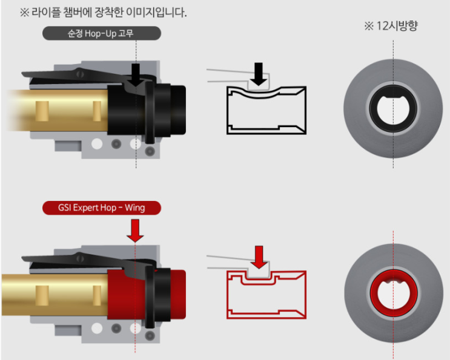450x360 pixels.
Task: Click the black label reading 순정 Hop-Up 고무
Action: pos(101,33)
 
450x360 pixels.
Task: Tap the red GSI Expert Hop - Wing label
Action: pos(101,208)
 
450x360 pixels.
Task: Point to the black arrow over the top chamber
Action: pos(136,73)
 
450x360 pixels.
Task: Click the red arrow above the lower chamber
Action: pos(136,231)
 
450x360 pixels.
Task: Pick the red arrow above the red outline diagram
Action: pos(259,256)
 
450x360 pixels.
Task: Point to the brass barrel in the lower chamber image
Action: pos(61,295)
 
